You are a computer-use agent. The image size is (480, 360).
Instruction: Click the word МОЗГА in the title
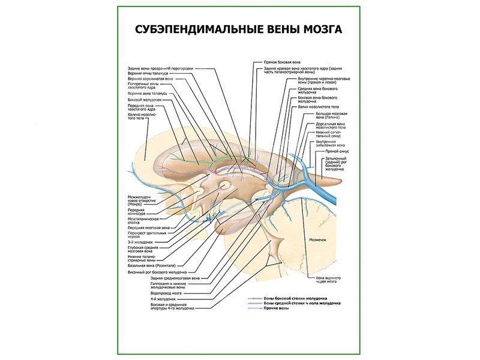pyautogui.click(x=320, y=29)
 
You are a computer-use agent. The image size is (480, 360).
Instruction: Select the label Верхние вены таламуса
pyautogui.click(x=143, y=73)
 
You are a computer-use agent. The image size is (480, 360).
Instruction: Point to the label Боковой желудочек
pyautogui.click(x=145, y=100)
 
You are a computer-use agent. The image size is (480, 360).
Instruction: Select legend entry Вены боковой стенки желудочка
pyautogui.click(x=295, y=298)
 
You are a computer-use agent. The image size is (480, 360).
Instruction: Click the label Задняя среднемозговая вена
pyautogui.click(x=175, y=278)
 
